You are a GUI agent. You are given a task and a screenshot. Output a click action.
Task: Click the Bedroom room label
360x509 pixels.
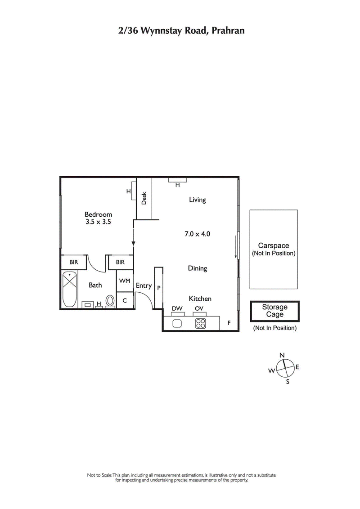click(x=98, y=214)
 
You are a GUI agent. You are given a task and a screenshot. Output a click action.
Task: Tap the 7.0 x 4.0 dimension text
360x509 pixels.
click(x=198, y=234)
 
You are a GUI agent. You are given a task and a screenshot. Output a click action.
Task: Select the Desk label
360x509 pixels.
click(x=144, y=198)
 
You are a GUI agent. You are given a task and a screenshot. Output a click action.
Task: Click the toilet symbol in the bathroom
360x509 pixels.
click(x=110, y=301)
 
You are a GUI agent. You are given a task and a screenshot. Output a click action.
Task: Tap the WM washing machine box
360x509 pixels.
click(x=125, y=281)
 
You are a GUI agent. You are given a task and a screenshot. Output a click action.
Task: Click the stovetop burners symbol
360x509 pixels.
click(x=200, y=323)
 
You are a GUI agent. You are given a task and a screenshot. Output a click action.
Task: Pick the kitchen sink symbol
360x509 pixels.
click(x=176, y=323)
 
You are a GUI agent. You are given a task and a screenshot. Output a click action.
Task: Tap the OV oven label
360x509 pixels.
click(x=199, y=308)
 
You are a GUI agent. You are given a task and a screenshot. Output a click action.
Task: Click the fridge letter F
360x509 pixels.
click(x=229, y=323)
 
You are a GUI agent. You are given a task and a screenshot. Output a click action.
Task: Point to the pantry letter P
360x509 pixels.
click(x=158, y=288)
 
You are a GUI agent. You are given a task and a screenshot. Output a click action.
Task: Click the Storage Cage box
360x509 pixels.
click(x=274, y=311)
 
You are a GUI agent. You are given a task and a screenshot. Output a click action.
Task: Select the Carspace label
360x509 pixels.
click(x=274, y=246)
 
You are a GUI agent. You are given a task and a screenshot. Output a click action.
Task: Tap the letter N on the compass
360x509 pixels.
click(x=282, y=355)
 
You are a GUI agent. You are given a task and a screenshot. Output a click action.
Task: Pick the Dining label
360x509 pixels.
click(x=198, y=268)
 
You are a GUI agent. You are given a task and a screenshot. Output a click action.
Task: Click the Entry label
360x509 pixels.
click(x=144, y=286)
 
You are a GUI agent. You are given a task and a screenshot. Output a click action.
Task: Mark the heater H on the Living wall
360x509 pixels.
click(x=177, y=185)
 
